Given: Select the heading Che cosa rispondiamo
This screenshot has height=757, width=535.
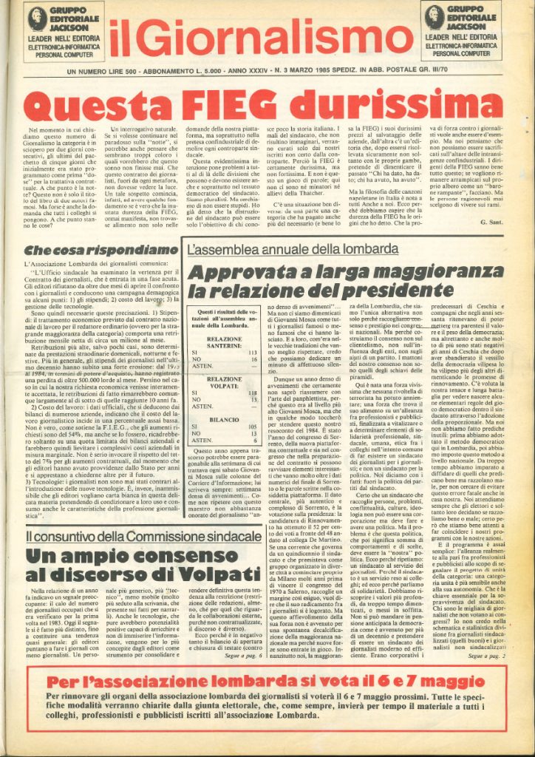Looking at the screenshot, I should click(84, 251).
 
